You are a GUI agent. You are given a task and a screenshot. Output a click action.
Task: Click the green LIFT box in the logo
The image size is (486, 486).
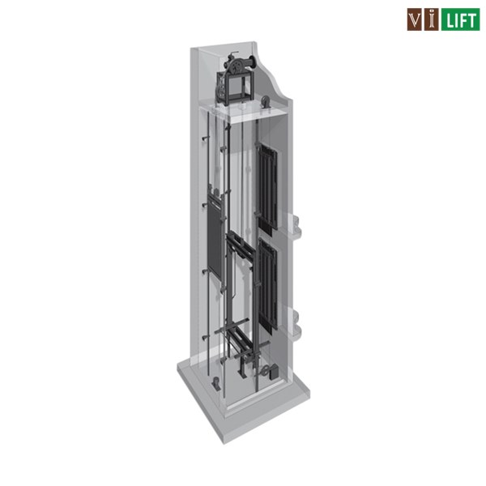pos(460,19)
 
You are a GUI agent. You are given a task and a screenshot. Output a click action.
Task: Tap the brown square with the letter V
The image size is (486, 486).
pos(415,19)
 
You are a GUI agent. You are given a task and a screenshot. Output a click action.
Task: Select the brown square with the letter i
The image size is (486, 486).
pos(431,19)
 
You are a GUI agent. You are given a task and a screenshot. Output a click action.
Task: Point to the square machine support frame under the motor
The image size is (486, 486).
pos(236,88)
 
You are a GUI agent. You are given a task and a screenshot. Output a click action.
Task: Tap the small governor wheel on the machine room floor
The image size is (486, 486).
pos(266,102)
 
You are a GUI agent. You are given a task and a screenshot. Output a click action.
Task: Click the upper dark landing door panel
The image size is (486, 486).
pos(267,188)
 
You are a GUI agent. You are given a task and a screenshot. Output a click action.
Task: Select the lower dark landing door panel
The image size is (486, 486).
pos(267,284)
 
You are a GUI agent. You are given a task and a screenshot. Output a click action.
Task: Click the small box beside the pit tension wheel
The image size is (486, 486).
pos(274,372)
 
